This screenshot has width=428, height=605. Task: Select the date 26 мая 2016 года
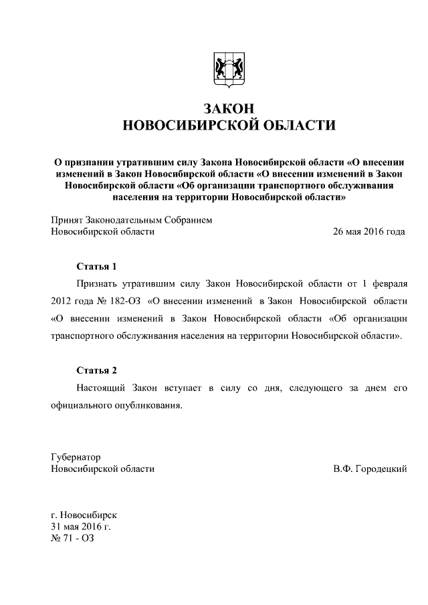(x=369, y=232)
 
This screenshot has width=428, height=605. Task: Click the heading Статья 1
(x=97, y=266)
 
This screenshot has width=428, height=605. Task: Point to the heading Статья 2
(x=97, y=370)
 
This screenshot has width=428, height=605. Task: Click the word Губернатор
(x=76, y=457)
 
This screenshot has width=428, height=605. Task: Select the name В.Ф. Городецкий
(x=369, y=469)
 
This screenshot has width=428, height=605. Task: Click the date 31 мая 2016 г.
(x=81, y=527)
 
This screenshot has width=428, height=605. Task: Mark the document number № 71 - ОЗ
(x=73, y=539)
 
